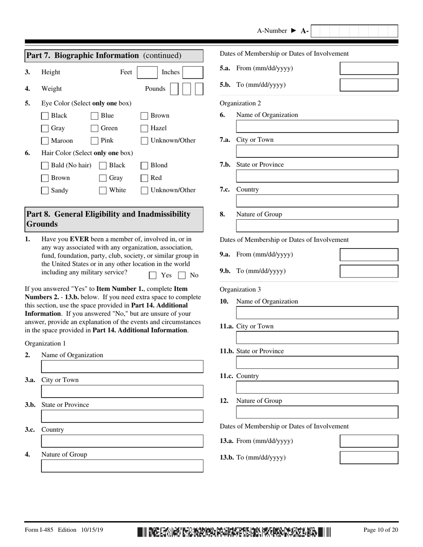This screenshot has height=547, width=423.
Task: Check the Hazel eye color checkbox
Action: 144,128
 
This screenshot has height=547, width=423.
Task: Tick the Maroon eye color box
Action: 45,141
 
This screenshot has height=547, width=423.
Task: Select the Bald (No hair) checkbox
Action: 45,165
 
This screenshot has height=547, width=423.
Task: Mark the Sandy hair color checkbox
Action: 45,190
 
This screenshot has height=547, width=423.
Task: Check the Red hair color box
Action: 144,178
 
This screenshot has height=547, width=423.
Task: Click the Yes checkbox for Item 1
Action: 153,275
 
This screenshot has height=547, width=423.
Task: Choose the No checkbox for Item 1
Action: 182,275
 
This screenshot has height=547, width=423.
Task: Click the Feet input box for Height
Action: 147,72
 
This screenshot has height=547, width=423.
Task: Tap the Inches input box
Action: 193,72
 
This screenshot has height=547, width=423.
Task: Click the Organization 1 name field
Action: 122,366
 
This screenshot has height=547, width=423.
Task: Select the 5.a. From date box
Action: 369,68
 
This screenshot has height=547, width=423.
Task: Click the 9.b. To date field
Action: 369,271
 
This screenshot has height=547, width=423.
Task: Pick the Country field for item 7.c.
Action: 317,201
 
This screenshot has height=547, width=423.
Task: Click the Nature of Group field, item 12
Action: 317,412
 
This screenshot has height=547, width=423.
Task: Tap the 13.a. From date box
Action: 369,441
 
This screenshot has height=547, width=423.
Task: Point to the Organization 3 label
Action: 240,290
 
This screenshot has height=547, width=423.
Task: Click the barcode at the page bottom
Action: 234,531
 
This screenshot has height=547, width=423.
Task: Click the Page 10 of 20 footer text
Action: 381,530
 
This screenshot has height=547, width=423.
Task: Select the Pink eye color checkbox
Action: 94,141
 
